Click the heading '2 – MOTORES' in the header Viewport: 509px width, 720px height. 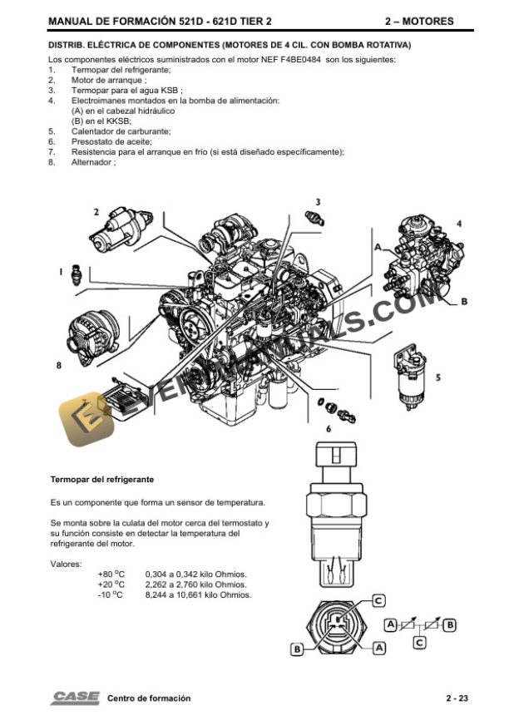point(419,22)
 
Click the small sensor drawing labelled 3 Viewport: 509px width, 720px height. point(317,218)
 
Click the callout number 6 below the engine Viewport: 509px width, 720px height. point(329,428)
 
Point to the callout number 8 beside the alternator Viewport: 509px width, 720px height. point(58,364)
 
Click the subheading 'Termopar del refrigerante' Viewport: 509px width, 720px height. point(102,480)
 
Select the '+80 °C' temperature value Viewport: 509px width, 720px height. point(111,575)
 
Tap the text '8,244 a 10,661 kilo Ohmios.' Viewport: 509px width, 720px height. point(198,594)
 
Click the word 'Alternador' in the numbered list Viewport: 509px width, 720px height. point(92,162)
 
